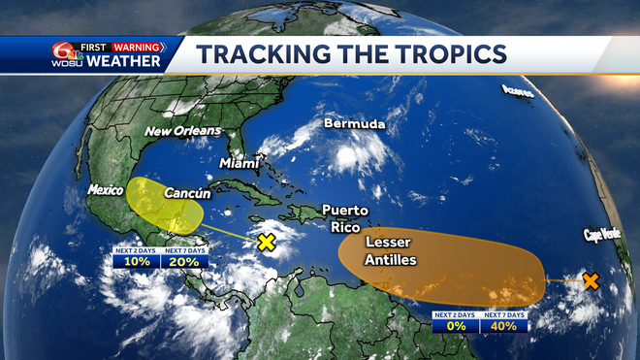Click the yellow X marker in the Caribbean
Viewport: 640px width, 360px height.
click(x=266, y=242)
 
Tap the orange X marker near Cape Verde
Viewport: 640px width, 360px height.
click(x=590, y=281)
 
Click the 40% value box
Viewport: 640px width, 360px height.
click(x=504, y=326)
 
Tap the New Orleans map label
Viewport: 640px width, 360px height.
click(x=183, y=131)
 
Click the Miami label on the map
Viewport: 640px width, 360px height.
click(x=240, y=163)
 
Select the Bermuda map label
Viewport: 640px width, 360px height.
click(x=354, y=125)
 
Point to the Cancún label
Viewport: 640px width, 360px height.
click(x=186, y=193)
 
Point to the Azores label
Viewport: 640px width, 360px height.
click(x=518, y=91)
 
